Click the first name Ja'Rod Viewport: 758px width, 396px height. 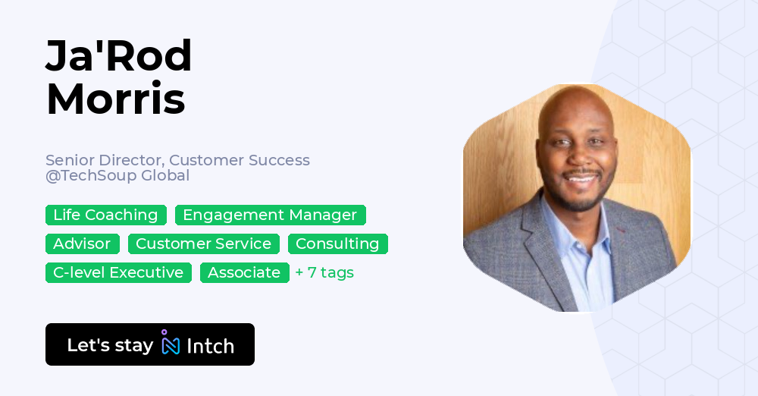pyautogui.click(x=119, y=55)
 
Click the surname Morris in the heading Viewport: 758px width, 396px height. pyautogui.click(x=116, y=99)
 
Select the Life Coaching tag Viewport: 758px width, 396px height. pyautogui.click(x=106, y=215)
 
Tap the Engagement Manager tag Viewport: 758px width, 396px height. pyautogui.click(x=271, y=215)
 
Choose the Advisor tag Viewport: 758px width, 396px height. pyautogui.click(x=82, y=244)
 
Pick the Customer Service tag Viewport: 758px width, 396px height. pyautogui.click(x=203, y=244)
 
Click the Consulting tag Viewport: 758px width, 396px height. pyautogui.click(x=337, y=244)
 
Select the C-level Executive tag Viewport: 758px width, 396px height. pyautogui.click(x=118, y=272)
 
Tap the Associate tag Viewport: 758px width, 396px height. pyautogui.click(x=244, y=272)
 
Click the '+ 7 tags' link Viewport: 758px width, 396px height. pyautogui.click(x=324, y=272)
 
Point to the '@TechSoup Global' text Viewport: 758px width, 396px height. pyautogui.click(x=117, y=175)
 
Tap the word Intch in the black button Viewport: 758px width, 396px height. pyautogui.click(x=210, y=346)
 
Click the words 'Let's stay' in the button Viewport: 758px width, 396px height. pyautogui.click(x=110, y=345)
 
